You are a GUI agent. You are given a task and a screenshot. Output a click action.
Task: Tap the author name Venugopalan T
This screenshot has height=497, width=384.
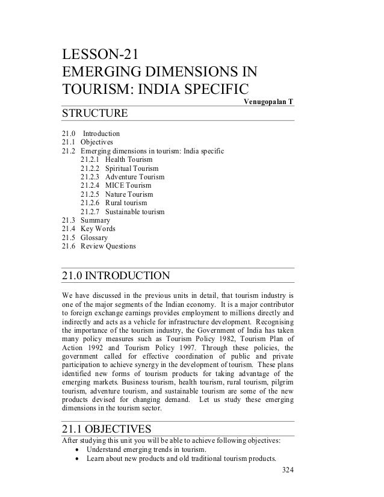pos(268,101)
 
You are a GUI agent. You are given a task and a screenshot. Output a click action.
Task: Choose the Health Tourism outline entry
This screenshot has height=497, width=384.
pos(116,159)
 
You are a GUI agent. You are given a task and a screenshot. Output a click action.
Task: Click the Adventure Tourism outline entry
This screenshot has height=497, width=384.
pos(122,177)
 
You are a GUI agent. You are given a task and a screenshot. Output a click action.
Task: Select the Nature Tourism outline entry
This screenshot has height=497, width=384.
pos(116,195)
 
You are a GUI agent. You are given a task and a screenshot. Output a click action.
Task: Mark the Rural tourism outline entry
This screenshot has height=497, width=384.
pos(113,203)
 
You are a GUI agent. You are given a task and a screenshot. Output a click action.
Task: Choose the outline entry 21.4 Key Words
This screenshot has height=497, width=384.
pos(89,229)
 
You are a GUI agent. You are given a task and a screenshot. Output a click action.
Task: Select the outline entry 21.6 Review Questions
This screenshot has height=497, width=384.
pos(99,247)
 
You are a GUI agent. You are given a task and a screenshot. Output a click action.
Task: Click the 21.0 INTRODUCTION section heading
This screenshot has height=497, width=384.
pos(117,276)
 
